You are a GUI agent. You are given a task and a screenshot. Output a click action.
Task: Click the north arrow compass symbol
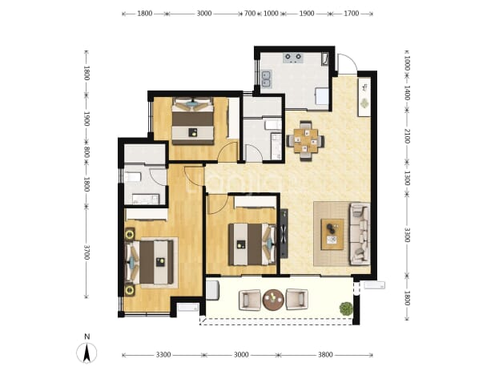point(87,353)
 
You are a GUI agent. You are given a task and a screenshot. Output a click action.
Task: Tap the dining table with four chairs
point(305,141)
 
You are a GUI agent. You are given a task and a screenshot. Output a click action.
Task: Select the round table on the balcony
point(273,300)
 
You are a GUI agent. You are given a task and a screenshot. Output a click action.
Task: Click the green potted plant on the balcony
point(346,308)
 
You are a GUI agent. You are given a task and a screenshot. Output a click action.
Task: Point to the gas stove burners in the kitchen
point(293,58)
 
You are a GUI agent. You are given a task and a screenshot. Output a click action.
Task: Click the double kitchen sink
point(266,79)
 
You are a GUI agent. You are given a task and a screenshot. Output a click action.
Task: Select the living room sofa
point(360,234)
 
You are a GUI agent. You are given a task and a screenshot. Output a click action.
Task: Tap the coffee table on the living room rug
point(332,234)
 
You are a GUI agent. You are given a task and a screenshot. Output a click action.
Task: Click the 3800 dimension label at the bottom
point(325,355)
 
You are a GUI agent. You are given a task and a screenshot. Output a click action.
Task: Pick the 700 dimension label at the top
point(250,14)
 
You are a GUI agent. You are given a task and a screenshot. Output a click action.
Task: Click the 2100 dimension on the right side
point(407,135)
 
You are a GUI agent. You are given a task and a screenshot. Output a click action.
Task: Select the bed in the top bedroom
point(193,121)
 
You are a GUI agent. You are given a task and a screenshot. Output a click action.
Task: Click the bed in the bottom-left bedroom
point(150,262)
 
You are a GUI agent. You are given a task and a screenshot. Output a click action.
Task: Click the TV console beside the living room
point(284,233)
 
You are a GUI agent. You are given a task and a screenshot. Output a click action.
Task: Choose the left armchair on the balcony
point(250,300)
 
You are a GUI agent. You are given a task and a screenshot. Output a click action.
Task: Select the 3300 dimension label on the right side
point(407,235)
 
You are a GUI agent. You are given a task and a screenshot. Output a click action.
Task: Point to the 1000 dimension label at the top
point(271,14)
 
